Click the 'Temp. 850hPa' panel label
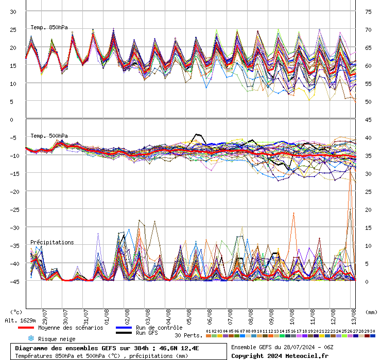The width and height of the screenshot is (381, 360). point(49,27)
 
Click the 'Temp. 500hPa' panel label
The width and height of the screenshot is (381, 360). point(49,136)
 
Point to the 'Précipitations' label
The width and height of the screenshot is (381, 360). point(52,242)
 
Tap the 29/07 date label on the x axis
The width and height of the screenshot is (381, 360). point(45,315)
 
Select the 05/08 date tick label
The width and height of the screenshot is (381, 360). point(189,315)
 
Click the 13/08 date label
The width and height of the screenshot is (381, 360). point(353,315)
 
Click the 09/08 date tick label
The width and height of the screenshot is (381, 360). point(271,315)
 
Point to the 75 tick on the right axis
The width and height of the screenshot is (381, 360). point(368,11)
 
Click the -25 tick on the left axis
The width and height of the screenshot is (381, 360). point(13,209)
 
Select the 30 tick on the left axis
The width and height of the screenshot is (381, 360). point(13,11)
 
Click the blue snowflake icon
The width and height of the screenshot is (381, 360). point(30,338)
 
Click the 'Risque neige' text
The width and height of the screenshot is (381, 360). point(57,339)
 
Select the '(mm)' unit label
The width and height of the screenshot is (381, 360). point(372,312)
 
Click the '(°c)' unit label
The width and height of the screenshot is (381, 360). point(16,312)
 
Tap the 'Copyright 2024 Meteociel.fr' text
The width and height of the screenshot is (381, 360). point(280,355)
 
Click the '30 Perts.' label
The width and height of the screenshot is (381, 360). point(188,335)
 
